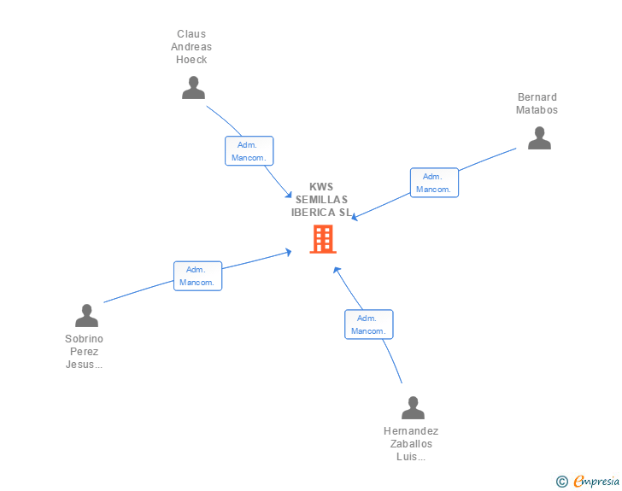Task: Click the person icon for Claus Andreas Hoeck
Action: pos(193,87)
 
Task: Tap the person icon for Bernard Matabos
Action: pos(539,138)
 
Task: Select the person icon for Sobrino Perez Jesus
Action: pos(86,316)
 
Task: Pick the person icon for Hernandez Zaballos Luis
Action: pos(413,407)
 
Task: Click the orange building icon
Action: pos(323,239)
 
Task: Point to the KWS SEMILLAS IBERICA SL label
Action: pos(321,200)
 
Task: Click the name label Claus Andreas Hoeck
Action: pos(191,47)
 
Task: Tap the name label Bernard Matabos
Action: pos(537,103)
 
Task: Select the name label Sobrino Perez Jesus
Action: pos(84,352)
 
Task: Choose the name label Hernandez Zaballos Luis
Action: pos(411,444)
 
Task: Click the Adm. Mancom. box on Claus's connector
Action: pos(249,150)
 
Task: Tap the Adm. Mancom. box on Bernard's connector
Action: pos(434,183)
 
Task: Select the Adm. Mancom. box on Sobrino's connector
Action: pos(197,276)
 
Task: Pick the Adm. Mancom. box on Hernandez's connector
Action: pos(369,324)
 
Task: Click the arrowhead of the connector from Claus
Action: pos(289,195)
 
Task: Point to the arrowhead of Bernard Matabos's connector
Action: pos(355,217)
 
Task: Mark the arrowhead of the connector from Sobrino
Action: pos(289,252)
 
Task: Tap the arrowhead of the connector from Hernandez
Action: pos(337,270)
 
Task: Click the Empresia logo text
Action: pos(596,481)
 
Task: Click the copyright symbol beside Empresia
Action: pos(561,482)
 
